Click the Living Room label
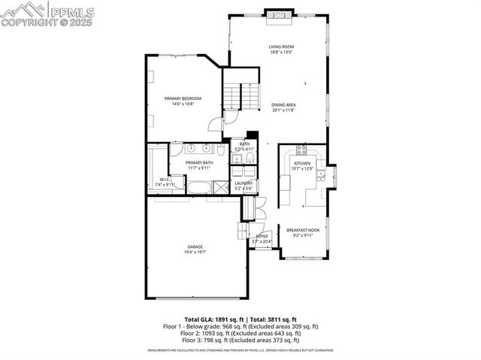(x=280, y=47)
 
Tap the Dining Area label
(x=283, y=105)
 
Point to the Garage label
(x=195, y=247)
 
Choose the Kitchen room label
(x=302, y=163)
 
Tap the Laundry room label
(x=244, y=183)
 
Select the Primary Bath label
(x=199, y=162)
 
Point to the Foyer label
(x=262, y=236)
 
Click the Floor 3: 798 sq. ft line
(x=240, y=341)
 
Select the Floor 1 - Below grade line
(x=240, y=326)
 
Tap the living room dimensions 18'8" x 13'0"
(x=280, y=53)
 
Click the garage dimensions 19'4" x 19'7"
(x=195, y=252)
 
